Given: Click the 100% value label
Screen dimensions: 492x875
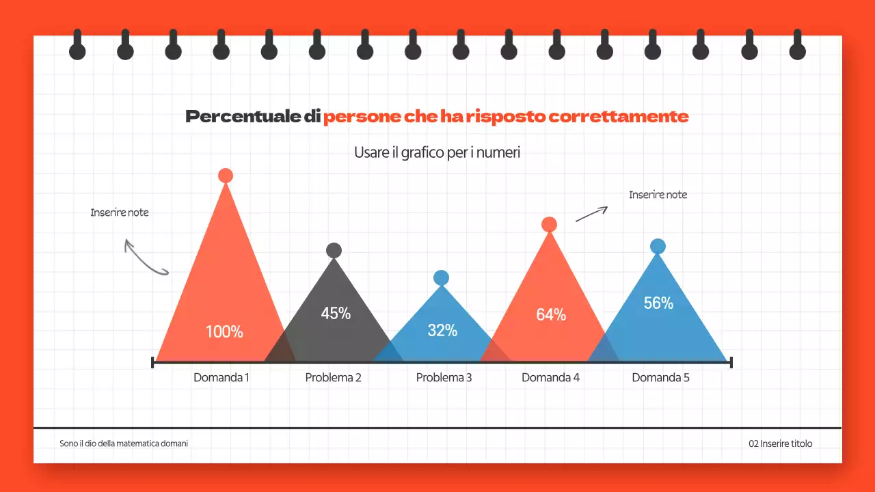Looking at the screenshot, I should (224, 332).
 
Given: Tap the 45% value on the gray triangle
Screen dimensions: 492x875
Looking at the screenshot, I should (336, 314).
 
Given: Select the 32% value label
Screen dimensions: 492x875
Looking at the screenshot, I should (442, 331).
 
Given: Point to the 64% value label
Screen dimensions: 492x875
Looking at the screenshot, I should (551, 315).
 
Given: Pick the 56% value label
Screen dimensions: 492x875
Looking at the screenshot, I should (658, 303).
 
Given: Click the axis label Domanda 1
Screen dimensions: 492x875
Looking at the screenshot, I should (221, 377).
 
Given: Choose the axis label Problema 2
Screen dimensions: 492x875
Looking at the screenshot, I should (333, 377).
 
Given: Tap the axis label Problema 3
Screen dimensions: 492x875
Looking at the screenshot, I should (444, 377).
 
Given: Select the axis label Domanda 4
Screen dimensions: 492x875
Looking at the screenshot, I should (550, 377).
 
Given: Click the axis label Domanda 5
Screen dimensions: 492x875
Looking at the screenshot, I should (660, 377).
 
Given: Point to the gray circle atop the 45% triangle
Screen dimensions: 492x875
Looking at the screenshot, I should (334, 250).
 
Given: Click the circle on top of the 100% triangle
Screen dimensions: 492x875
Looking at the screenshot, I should (226, 176).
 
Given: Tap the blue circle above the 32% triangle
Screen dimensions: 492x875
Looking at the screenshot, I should (441, 277).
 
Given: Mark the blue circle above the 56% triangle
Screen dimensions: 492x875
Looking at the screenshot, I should (658, 247).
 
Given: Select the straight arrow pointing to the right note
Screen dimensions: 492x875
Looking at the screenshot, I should (591, 214).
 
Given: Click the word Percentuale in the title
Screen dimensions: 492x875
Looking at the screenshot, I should (243, 117).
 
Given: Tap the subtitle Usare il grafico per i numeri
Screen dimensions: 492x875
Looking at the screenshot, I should (437, 152).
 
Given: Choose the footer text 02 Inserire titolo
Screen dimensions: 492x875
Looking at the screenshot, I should (781, 443).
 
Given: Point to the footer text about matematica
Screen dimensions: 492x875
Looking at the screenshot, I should (124, 443).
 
